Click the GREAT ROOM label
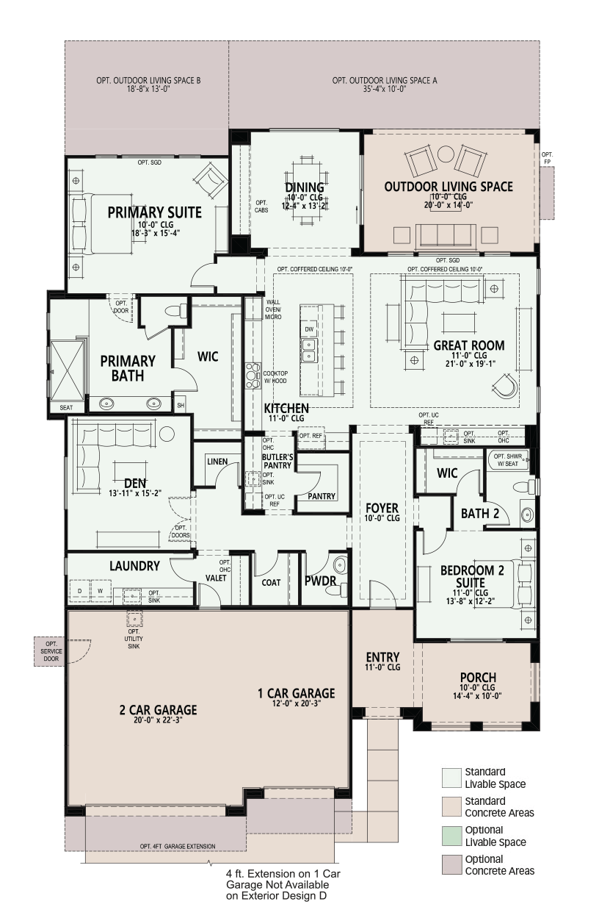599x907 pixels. pyautogui.click(x=469, y=345)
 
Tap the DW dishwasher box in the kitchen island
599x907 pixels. pyautogui.click(x=309, y=329)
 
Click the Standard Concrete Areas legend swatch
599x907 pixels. pyautogui.click(x=451, y=806)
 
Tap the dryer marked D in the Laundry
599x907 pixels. pyautogui.click(x=79, y=591)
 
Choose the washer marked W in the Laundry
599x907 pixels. pyautogui.click(x=101, y=591)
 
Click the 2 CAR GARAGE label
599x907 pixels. pyautogui.click(x=158, y=709)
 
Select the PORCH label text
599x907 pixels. pyautogui.click(x=478, y=677)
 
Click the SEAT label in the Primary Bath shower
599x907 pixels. pyautogui.click(x=66, y=407)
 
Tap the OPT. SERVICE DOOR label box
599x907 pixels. pyautogui.click(x=51, y=651)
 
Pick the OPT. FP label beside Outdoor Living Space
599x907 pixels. pyautogui.click(x=547, y=158)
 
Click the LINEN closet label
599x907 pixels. pyautogui.click(x=217, y=461)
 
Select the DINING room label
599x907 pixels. pyautogui.click(x=305, y=187)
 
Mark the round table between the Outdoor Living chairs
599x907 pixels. pyautogui.click(x=446, y=154)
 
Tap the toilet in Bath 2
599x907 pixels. pyautogui.click(x=525, y=487)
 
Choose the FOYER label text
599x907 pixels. pyautogui.click(x=382, y=508)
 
